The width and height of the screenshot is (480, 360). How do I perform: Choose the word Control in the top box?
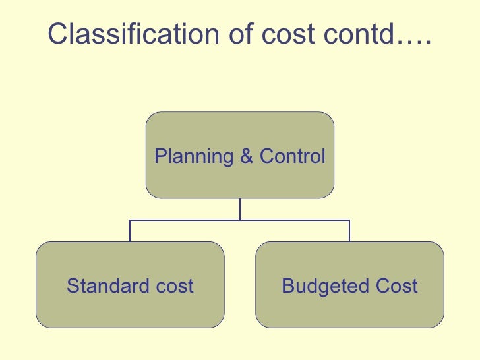tap(292, 156)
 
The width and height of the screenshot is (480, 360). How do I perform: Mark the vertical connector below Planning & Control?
tap(240, 208)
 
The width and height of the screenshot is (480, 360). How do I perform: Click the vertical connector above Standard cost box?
tap(130, 230)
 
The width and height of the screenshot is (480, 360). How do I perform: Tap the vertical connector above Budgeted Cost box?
tap(349, 230)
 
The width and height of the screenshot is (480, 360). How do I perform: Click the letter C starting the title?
tap(57, 34)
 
